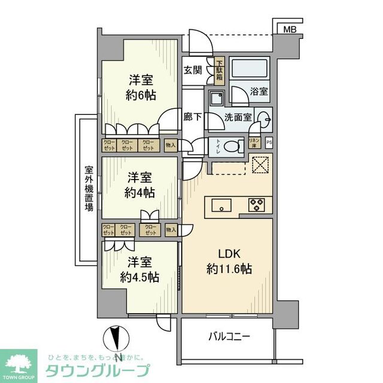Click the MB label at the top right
pyautogui.click(x=290, y=29)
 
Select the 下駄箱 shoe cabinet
pyautogui.click(x=220, y=71)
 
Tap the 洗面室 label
pyautogui.click(x=239, y=117)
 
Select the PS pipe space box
pyautogui.click(x=269, y=142)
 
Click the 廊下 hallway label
pyautogui.click(x=192, y=117)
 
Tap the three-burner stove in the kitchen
pyautogui.click(x=257, y=205)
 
